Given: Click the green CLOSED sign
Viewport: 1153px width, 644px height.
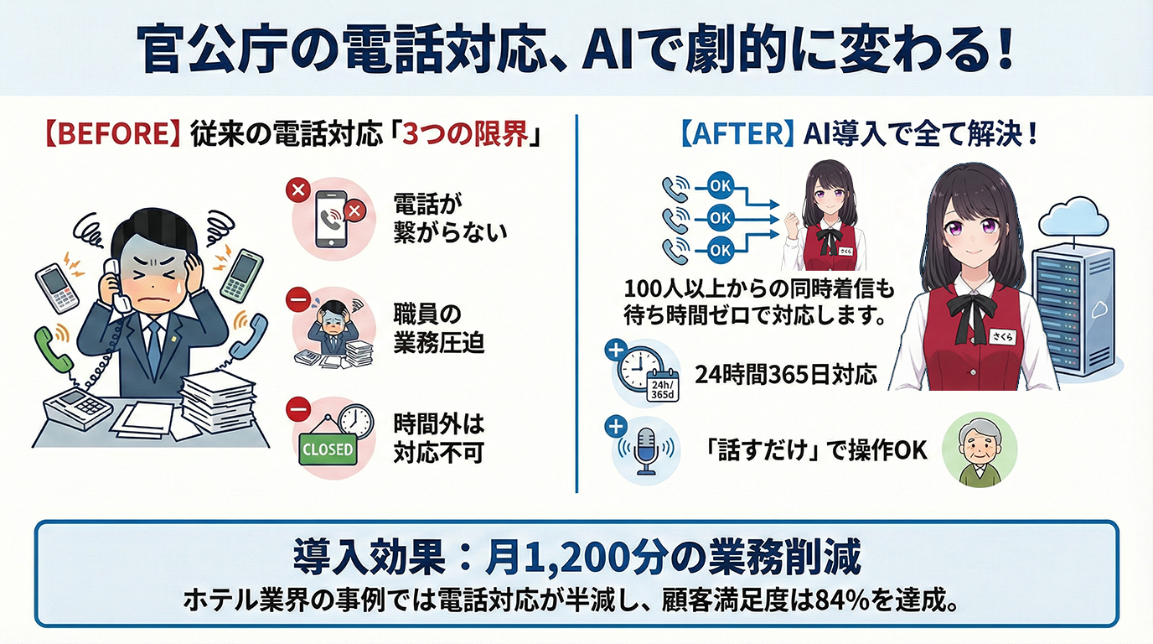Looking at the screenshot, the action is [327, 449].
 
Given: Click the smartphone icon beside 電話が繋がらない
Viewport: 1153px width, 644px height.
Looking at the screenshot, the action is [331, 220].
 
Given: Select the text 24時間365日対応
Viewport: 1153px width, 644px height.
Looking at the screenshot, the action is [785, 375].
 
